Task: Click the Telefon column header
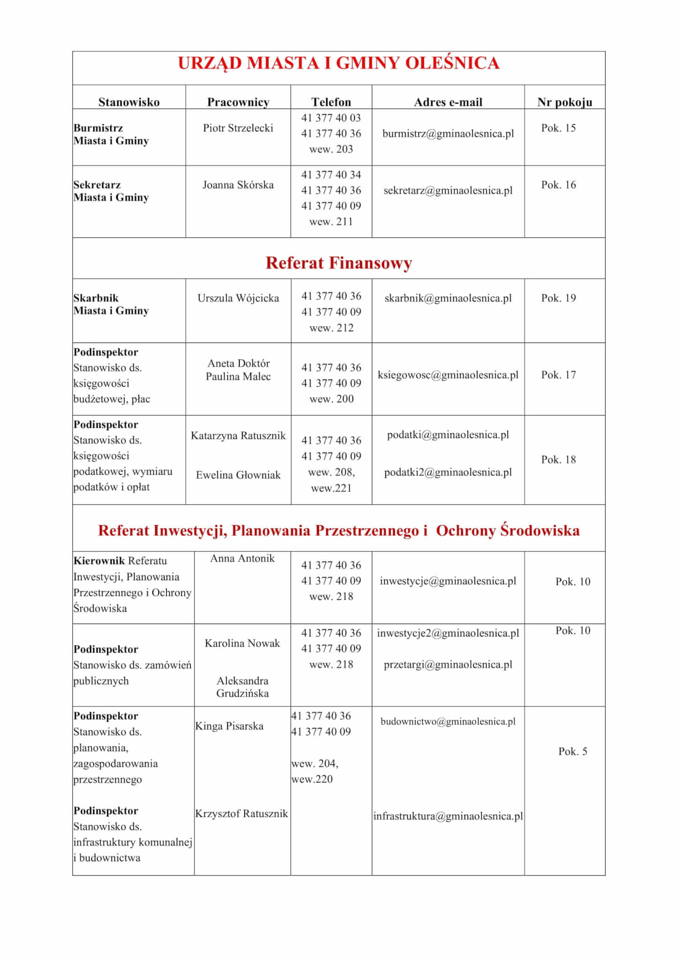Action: (331, 102)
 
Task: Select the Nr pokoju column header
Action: (564, 102)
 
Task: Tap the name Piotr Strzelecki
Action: (238, 128)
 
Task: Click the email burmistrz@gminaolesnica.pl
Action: (448, 134)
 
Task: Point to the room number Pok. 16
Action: (558, 185)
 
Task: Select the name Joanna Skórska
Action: (238, 185)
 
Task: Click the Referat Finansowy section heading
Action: (338, 263)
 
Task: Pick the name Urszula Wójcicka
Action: (238, 298)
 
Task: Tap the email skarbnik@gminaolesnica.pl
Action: (448, 298)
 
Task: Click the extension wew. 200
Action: (331, 399)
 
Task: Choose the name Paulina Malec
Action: (238, 376)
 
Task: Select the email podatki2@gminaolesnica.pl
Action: (448, 472)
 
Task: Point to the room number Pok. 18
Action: (558, 459)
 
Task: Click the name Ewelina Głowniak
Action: (238, 475)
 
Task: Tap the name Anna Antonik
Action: (242, 558)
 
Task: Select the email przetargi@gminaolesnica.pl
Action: (448, 665)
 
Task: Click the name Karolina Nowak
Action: (242, 643)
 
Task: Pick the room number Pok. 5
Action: (572, 751)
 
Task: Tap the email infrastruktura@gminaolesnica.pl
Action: (448, 816)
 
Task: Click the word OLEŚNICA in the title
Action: (452, 63)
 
